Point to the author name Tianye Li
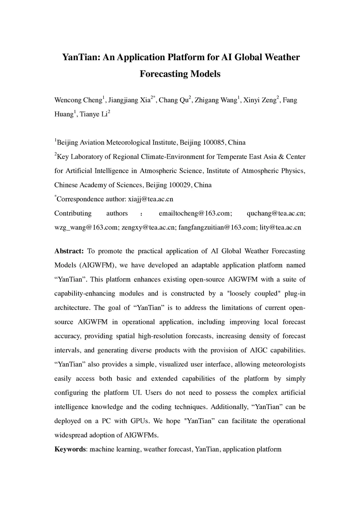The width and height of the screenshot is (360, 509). pyautogui.click(x=94, y=114)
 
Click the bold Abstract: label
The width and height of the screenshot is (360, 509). pyautogui.click(x=69, y=251)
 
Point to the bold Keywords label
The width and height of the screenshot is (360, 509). pyautogui.click(x=70, y=449)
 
